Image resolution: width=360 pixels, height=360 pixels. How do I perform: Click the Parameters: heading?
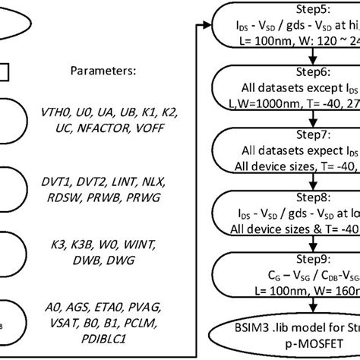click(x=103, y=74)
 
